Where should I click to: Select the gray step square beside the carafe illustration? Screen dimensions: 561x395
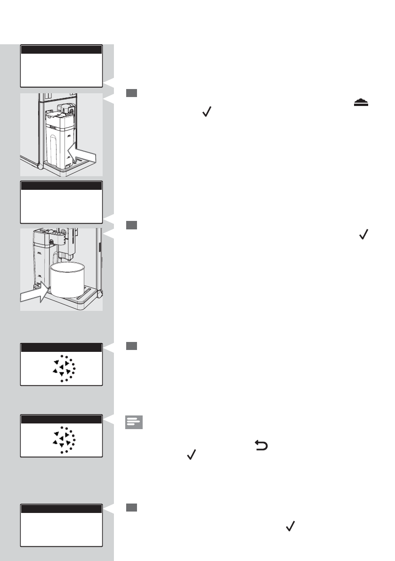click(x=131, y=94)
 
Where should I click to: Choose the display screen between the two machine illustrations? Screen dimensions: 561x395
click(x=61, y=202)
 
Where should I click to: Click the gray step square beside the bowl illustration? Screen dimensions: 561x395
click(x=131, y=225)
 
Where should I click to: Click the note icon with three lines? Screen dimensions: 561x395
click(x=134, y=422)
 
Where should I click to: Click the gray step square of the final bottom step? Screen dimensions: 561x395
click(x=131, y=507)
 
